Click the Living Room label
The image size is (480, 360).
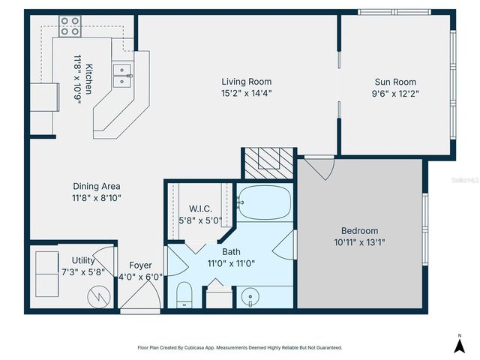[x=246, y=82]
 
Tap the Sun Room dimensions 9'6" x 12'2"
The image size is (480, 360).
[x=395, y=94]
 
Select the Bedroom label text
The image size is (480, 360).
[x=359, y=230]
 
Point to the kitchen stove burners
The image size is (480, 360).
[x=70, y=26]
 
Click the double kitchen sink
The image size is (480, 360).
[x=122, y=71]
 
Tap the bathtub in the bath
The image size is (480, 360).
[x=262, y=202]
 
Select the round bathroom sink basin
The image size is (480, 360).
[x=248, y=298]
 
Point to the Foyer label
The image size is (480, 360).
[x=140, y=265]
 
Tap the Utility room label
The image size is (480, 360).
[x=83, y=260]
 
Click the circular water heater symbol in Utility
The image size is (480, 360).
[x=97, y=295]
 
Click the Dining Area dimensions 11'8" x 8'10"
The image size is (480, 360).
[x=97, y=199]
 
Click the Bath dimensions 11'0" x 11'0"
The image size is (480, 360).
[x=231, y=264]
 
